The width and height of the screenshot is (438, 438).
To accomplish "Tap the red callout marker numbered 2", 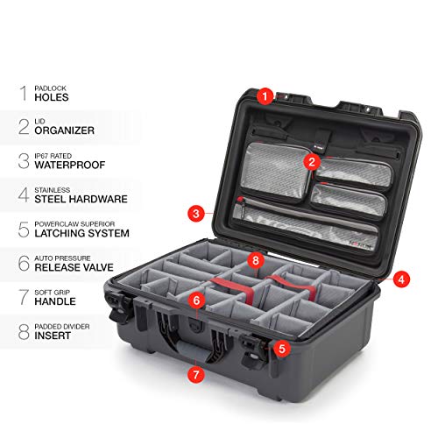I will (x=311, y=161).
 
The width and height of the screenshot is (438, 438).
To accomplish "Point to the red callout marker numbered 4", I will (x=399, y=279).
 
